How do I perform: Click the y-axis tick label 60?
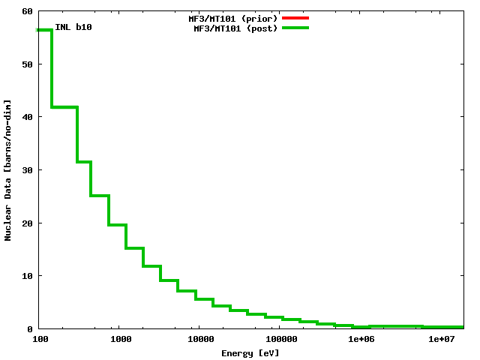click(x=27, y=11)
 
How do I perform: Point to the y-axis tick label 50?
click(x=27, y=64)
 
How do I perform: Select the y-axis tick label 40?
click(x=27, y=117)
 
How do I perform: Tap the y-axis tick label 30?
click(x=27, y=170)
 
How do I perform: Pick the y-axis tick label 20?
click(x=27, y=223)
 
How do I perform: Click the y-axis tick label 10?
click(x=27, y=276)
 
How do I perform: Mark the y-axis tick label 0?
click(x=30, y=328)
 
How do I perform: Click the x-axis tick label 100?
click(x=40, y=340)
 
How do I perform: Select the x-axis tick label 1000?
click(x=121, y=340)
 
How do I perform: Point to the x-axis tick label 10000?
click(x=200, y=340)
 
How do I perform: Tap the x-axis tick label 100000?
click(x=279, y=340)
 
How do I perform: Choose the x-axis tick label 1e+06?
click(x=361, y=340)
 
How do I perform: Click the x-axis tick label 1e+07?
click(x=442, y=340)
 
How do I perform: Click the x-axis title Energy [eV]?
click(x=250, y=352)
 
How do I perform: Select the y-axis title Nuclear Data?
click(x=8, y=169)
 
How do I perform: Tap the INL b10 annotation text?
click(x=73, y=28)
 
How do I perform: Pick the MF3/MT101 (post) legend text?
click(x=235, y=28)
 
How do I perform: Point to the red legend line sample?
click(x=295, y=18)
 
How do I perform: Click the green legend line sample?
click(x=295, y=28)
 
